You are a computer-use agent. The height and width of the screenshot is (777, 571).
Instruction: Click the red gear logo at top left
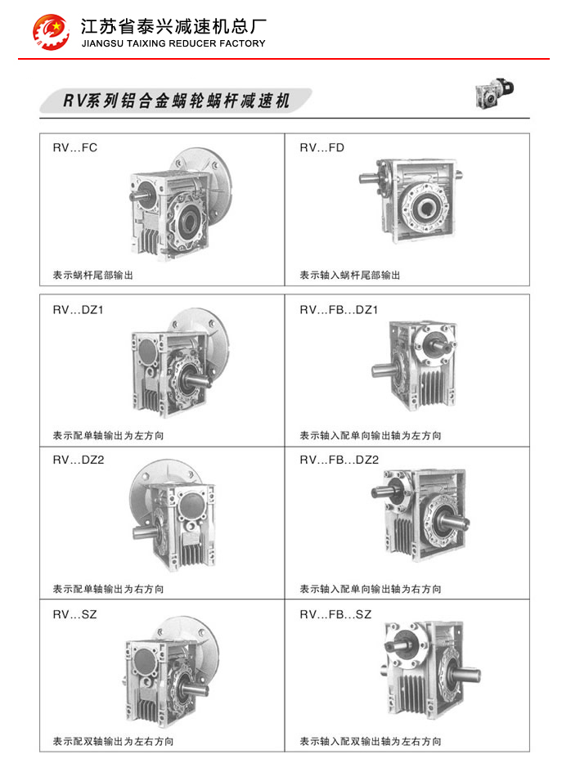point(51,31)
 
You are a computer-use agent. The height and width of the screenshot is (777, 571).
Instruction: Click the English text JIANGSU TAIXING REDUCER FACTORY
point(173,43)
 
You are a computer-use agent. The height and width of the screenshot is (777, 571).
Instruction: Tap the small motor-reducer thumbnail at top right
point(493,92)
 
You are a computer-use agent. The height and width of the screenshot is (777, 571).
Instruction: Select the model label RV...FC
point(74,148)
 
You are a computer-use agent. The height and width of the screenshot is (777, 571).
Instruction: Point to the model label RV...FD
point(321,148)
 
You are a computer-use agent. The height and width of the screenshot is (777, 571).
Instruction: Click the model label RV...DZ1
point(79,310)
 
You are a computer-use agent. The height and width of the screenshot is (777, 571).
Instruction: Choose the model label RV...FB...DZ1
point(339,310)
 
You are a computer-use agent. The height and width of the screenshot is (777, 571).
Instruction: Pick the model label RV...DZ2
point(79,460)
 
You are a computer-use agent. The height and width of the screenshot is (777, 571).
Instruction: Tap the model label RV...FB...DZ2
point(339,460)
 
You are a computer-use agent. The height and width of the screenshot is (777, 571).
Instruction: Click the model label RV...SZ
point(74,615)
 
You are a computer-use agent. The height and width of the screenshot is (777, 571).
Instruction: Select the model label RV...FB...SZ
point(335,615)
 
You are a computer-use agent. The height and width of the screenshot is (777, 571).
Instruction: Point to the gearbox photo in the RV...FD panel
point(411,200)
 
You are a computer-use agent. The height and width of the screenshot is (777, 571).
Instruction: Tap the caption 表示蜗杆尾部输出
point(93,276)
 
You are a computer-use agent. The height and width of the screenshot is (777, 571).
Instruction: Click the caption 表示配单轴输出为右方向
point(108,589)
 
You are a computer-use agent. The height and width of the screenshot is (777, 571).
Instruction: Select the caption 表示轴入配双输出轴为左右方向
point(371,742)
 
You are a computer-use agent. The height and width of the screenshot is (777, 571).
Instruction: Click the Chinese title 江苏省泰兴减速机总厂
point(174,26)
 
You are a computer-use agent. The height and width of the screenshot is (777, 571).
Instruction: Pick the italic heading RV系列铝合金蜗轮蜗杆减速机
point(176,101)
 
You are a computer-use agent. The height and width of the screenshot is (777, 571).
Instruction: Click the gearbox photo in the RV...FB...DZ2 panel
point(420,514)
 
